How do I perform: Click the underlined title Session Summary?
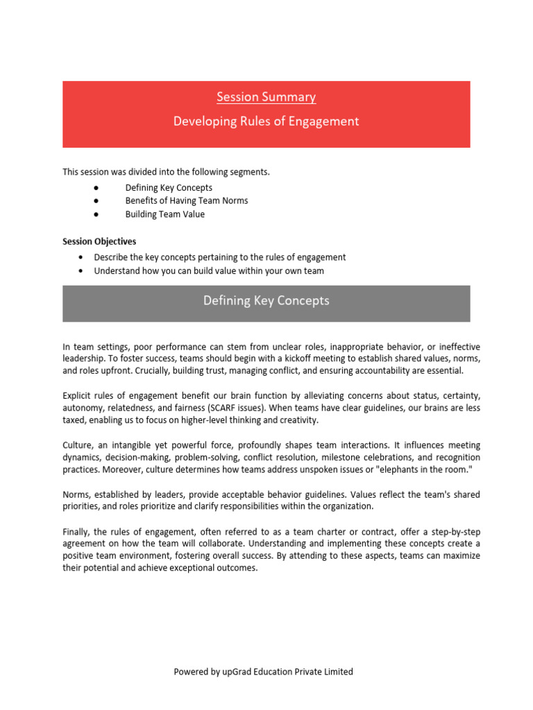pos(266,97)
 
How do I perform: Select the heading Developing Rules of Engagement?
pos(266,121)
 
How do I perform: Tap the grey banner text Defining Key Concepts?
pos(266,301)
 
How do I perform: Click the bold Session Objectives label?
pos(99,242)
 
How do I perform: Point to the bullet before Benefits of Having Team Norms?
pos(94,201)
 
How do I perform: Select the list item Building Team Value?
pos(164,214)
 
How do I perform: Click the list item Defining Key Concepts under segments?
pos(169,188)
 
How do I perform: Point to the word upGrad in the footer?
pos(239,672)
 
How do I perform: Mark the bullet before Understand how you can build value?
pos(81,271)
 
